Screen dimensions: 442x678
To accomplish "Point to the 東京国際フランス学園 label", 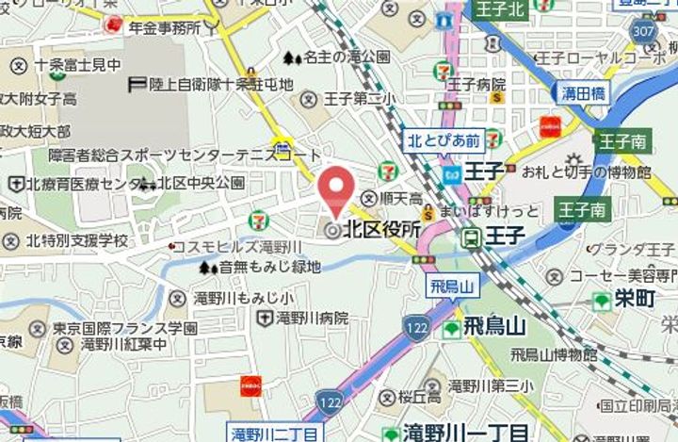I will pos(138,328).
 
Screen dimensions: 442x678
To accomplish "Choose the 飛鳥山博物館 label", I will pos(554,355).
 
